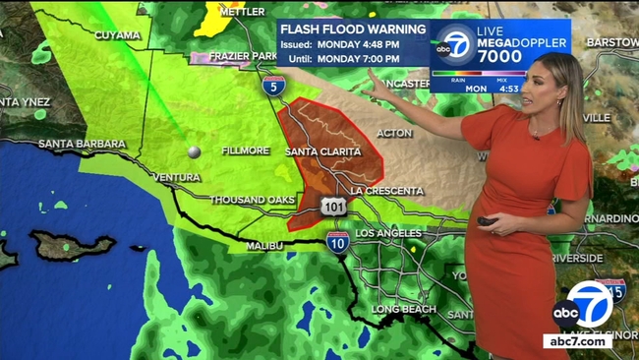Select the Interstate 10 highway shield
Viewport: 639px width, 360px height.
[337, 240]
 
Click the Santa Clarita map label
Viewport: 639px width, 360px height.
[322, 151]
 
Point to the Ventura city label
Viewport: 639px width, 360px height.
[177, 177]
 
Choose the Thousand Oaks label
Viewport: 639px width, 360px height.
[252, 200]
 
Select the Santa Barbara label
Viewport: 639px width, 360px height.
[83, 144]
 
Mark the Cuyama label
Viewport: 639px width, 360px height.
[117, 35]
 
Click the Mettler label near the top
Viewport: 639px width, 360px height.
[243, 11]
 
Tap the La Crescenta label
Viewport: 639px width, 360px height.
[386, 190]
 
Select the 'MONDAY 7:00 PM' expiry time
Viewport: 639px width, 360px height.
[360, 59]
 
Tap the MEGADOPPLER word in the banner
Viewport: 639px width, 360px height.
[522, 43]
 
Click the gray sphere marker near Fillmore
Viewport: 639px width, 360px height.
[194, 151]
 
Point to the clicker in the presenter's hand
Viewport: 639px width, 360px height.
[487, 221]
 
